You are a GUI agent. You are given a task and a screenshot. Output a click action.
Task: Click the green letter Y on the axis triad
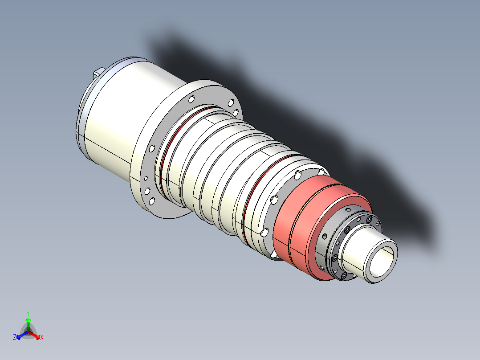coord(28,313)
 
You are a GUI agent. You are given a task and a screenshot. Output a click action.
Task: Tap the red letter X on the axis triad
coord(42,338)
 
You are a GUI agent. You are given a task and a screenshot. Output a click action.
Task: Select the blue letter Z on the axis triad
coord(15,338)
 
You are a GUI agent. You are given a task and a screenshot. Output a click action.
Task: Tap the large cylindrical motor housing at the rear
coord(120,120)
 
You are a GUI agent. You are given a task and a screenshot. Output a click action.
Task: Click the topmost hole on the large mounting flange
coord(191,98)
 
